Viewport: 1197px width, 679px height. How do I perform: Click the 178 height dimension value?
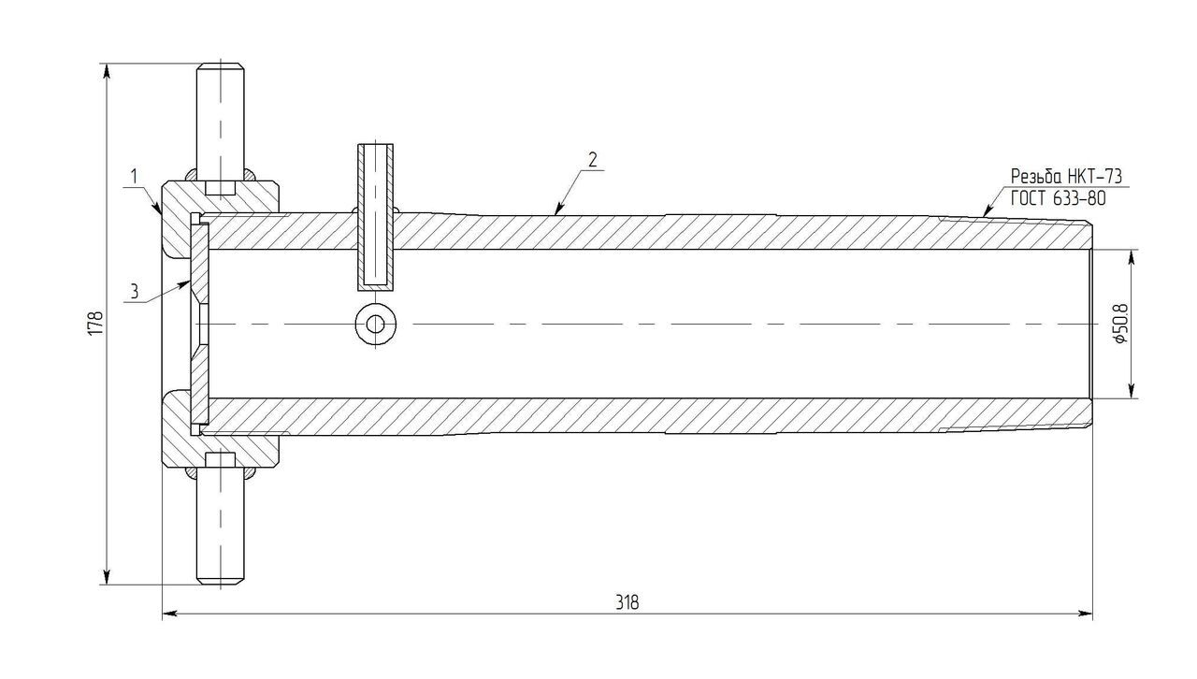95,323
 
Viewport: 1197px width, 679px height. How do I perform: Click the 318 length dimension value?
627,602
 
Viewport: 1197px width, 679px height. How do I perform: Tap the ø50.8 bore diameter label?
1120,323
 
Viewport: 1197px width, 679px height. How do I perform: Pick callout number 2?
593,159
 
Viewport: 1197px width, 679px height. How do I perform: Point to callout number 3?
134,292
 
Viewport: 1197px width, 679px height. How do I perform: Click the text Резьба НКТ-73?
1066,176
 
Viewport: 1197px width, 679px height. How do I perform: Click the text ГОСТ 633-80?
1058,198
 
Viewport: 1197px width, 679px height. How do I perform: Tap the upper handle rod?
220,122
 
